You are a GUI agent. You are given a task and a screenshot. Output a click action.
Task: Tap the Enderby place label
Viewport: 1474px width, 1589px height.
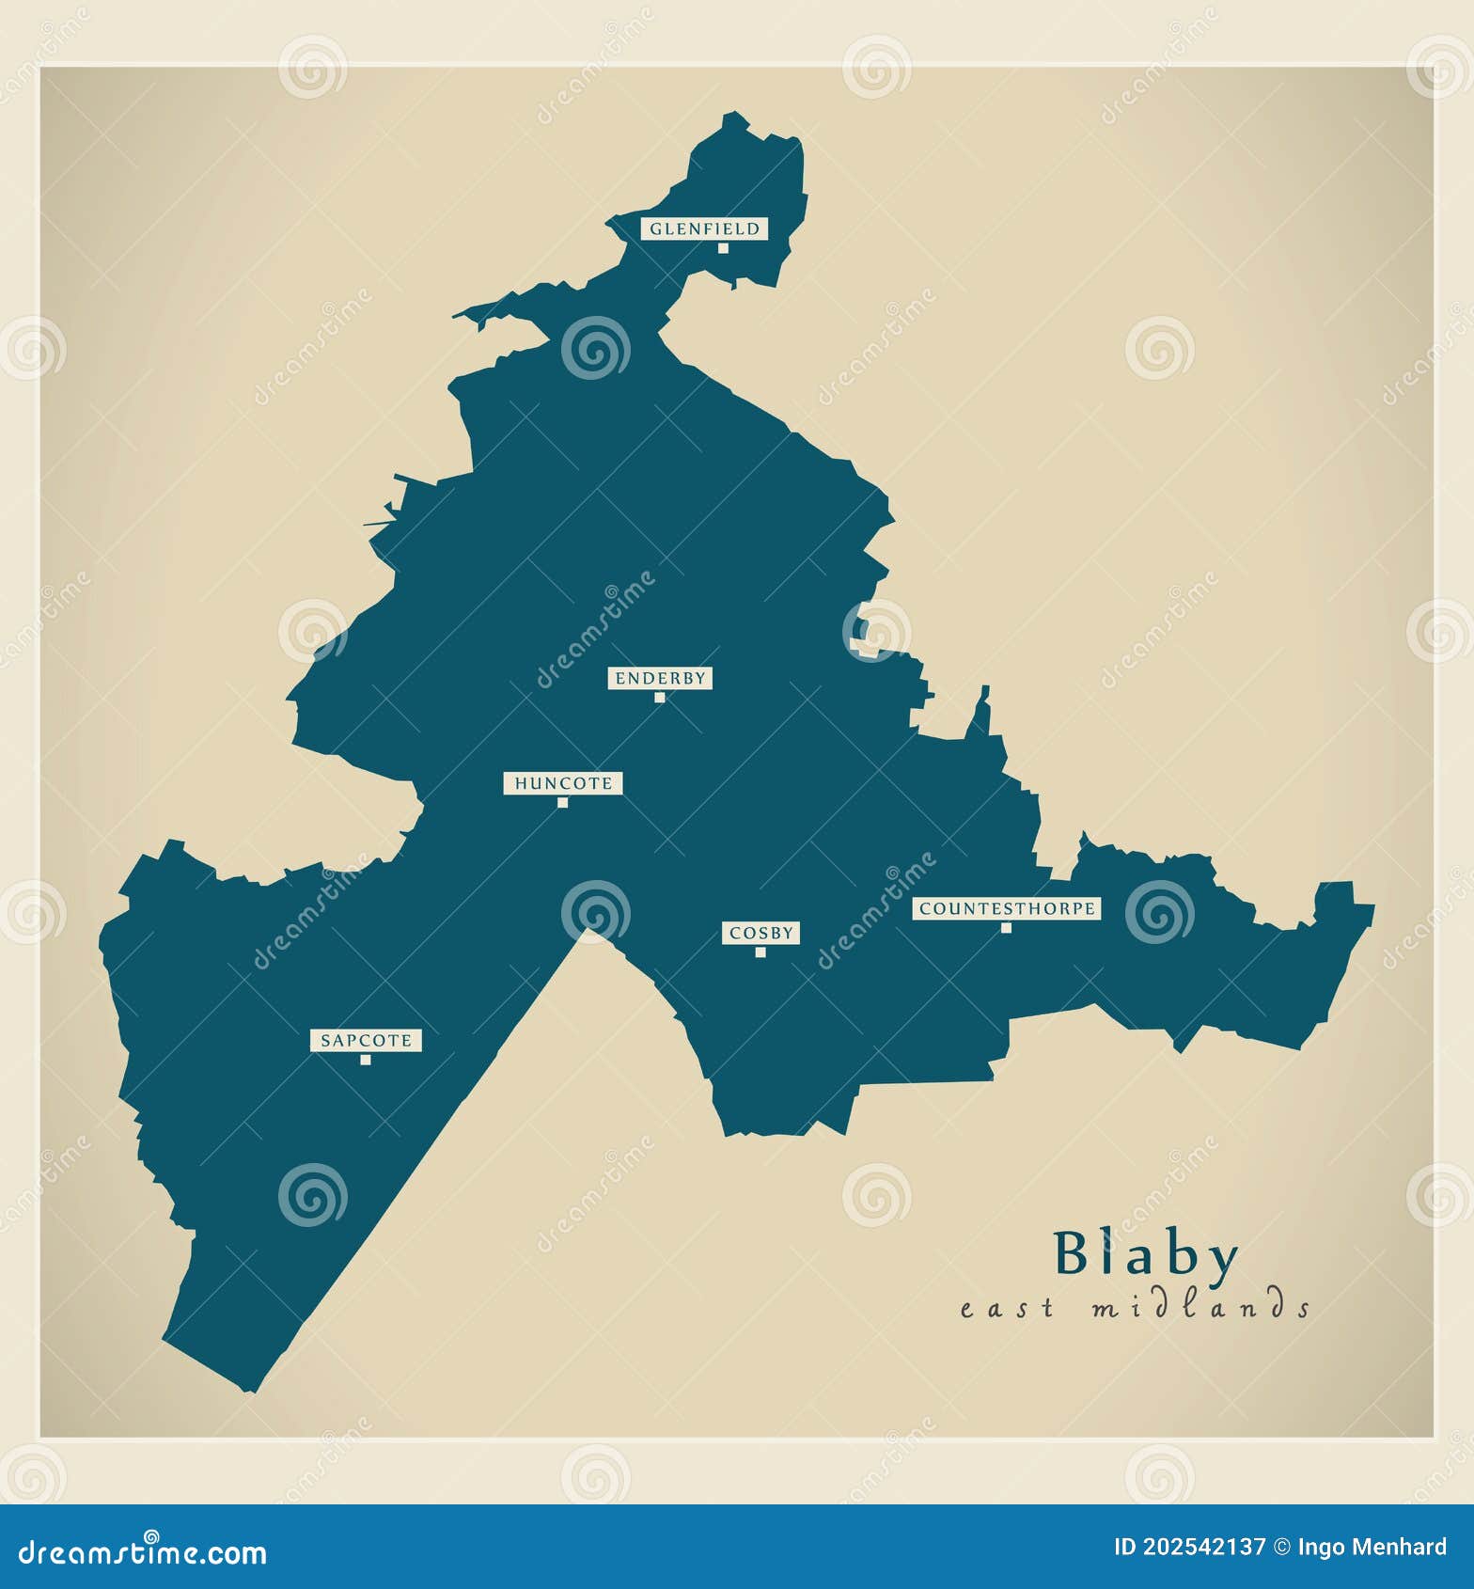point(660,678)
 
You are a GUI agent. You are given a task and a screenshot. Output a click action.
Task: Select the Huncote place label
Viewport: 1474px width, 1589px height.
point(563,783)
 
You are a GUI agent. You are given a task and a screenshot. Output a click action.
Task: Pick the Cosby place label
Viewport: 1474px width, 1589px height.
point(761,933)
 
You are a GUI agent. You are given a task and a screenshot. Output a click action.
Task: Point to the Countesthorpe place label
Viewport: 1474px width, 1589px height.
point(1007,908)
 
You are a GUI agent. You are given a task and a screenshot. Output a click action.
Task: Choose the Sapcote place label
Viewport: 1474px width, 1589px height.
point(366,1041)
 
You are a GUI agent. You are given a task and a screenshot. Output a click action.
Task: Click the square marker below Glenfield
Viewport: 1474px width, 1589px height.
point(723,248)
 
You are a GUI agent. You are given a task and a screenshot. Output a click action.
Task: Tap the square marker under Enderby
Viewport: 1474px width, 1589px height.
point(660,698)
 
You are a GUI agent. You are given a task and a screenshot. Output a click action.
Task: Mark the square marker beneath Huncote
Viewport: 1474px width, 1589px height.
point(563,803)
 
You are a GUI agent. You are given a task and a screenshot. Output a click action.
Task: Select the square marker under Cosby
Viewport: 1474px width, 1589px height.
point(761,952)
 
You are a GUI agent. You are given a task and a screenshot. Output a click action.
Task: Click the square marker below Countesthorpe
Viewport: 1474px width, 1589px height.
point(1006,928)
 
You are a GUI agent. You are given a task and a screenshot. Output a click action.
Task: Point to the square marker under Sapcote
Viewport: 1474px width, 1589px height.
point(366,1061)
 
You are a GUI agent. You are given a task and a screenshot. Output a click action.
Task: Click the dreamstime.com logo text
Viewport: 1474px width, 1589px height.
point(143,1552)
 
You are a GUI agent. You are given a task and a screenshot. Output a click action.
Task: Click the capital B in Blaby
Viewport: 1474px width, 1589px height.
point(1072,1253)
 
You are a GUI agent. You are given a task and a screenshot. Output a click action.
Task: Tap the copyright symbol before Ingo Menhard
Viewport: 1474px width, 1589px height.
point(1281,1547)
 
